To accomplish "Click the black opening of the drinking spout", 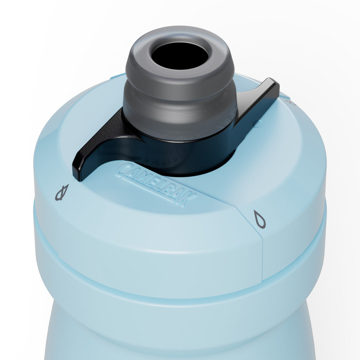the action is [180, 56].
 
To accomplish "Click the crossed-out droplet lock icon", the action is [62, 192].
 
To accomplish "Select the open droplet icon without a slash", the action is [260, 219].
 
